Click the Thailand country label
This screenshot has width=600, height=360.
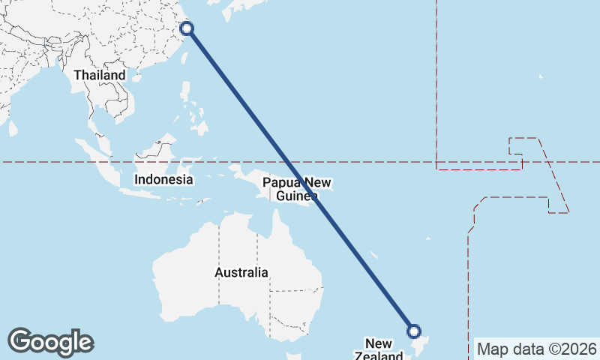[100, 76]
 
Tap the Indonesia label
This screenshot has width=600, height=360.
[163, 180]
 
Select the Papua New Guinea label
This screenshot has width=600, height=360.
[298, 190]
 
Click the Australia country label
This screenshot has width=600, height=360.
[241, 273]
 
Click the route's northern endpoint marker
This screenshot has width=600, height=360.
[187, 28]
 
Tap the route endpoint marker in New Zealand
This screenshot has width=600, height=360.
[413, 331]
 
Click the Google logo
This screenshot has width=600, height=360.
[50, 342]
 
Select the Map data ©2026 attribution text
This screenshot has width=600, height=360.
[537, 349]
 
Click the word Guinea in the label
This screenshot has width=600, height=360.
[297, 196]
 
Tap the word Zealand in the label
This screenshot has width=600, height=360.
[379, 355]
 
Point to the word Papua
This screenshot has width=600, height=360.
[280, 183]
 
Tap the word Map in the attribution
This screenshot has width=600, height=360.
[493, 349]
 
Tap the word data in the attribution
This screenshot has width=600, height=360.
[526, 349]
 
